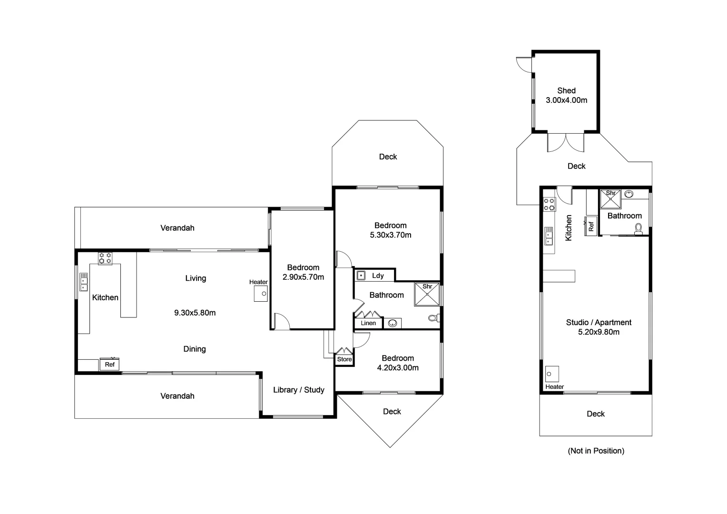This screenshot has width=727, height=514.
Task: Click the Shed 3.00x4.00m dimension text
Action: click(566, 100)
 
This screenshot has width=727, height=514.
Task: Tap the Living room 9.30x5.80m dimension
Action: click(195, 313)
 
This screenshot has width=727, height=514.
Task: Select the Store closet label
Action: click(344, 359)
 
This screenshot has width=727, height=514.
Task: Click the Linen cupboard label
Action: click(368, 323)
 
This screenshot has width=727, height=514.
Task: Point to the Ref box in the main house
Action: click(109, 365)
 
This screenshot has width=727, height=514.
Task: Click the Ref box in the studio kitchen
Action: click(591, 226)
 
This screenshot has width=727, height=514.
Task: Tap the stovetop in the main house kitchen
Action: click(105, 258)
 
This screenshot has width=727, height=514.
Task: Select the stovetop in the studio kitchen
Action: click(550, 204)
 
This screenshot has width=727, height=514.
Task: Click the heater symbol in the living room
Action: click(261, 294)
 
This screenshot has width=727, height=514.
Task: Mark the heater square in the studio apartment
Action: click(551, 374)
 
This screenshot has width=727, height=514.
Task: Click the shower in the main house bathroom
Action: click(426, 295)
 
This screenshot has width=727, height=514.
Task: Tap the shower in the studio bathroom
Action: click(611, 199)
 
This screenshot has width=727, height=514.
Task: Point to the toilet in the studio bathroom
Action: click(639, 230)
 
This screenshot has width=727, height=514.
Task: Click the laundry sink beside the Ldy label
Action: click(361, 276)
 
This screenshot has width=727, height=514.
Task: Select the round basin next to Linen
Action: click(393, 324)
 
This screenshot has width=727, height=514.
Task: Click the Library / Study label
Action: click(298, 390)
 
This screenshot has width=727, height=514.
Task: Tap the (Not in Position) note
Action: click(596, 451)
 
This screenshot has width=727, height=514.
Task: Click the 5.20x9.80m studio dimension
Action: click(599, 332)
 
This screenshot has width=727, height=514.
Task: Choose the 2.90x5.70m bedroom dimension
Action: click(303, 277)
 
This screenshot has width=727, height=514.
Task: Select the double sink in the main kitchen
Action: click(84, 282)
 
